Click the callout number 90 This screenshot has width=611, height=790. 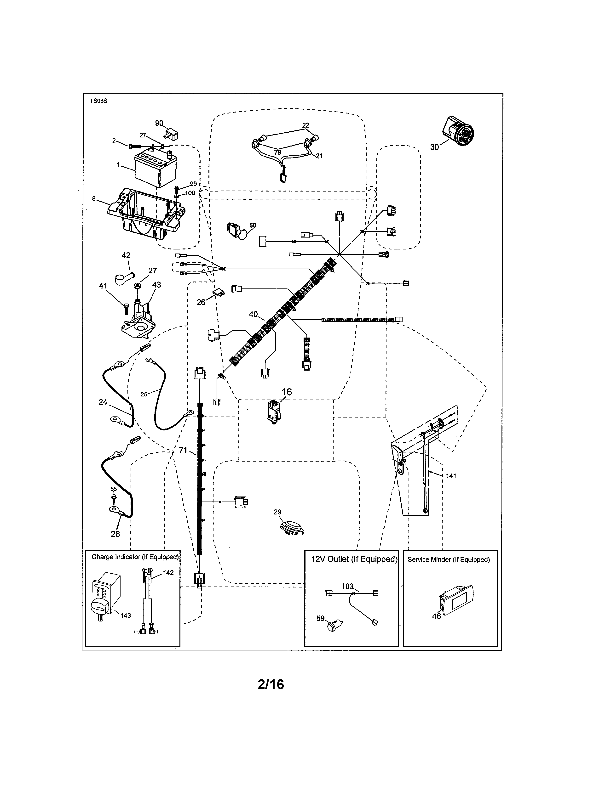(x=159, y=123)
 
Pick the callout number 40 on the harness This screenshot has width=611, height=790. (x=253, y=314)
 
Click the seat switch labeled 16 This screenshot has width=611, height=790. (x=274, y=411)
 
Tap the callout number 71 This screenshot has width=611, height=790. (x=183, y=450)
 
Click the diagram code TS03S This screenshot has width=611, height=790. (x=98, y=101)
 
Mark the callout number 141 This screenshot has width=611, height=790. (x=451, y=476)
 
